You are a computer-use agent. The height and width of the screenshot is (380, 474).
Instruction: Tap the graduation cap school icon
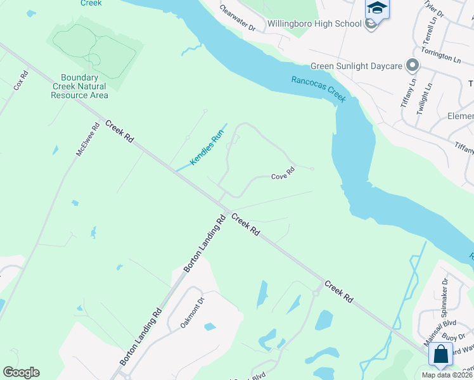click(x=376, y=9)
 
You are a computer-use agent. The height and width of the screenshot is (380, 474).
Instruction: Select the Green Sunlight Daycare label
click(x=357, y=66)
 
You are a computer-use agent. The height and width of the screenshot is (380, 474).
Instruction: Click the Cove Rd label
click(x=283, y=173)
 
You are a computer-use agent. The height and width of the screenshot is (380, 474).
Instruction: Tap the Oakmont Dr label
click(x=193, y=313)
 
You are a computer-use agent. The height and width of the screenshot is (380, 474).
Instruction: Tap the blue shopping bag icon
click(x=440, y=353)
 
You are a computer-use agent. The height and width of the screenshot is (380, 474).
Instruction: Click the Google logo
click(x=21, y=372)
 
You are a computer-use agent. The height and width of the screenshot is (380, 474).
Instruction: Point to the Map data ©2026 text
click(x=447, y=375)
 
